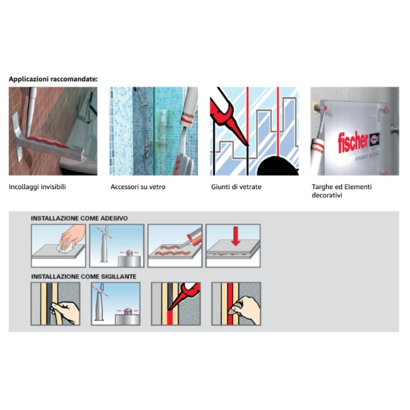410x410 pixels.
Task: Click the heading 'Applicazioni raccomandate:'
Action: (x=53, y=79)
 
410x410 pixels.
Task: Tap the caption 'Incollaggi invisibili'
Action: (x=37, y=187)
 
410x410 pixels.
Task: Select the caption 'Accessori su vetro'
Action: (x=138, y=187)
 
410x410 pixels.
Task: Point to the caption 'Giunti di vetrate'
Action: (x=236, y=187)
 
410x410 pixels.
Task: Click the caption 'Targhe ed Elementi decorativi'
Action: (x=341, y=191)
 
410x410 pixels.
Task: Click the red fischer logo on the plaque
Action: (x=353, y=141)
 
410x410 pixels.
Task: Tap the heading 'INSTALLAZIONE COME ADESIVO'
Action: (x=79, y=218)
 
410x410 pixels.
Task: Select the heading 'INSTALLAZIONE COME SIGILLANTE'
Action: (x=84, y=277)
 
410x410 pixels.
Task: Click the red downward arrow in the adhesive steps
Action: (x=236, y=236)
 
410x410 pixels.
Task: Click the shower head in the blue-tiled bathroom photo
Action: (x=136, y=90)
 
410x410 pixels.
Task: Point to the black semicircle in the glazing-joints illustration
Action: (x=278, y=166)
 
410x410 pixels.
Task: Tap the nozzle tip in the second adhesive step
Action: (x=107, y=230)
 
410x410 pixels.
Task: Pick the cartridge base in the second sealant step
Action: (x=127, y=317)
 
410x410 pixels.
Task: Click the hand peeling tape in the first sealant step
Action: (x=66, y=313)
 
